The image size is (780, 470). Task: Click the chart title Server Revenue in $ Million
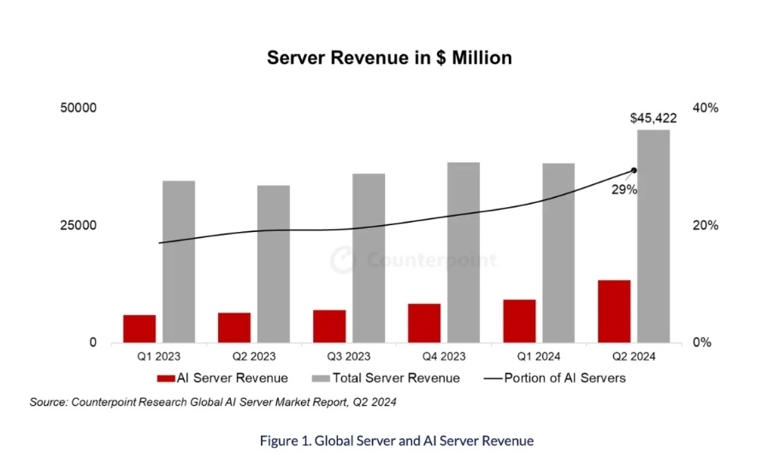click(389, 58)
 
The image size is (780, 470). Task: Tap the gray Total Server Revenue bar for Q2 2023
click(274, 264)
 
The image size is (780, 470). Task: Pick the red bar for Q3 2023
click(329, 326)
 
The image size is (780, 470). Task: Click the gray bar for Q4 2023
click(464, 253)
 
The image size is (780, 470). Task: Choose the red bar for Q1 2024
click(519, 321)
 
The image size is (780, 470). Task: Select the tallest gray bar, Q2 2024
click(653, 236)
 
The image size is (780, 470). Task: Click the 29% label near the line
click(623, 190)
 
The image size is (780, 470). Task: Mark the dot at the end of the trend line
click(634, 170)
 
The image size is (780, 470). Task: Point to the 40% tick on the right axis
click(707, 108)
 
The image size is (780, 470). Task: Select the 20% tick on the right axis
click(707, 226)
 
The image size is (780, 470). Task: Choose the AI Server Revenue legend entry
click(222, 378)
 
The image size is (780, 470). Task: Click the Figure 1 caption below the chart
click(397, 441)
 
